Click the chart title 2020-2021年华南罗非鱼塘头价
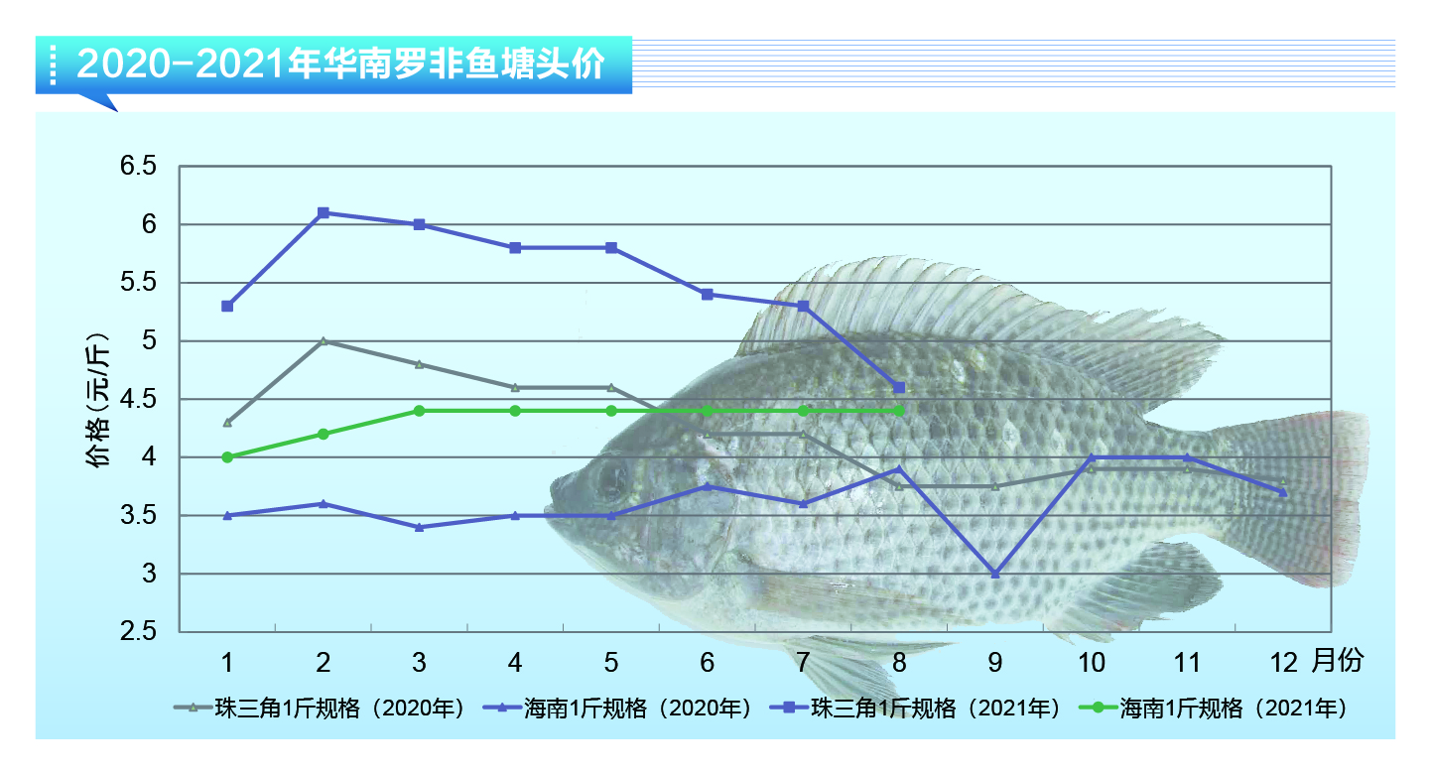click(339, 65)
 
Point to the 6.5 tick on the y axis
click(138, 167)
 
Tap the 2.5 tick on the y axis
click(138, 632)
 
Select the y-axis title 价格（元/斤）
click(99, 400)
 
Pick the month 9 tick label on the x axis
click(994, 662)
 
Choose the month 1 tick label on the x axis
click(227, 662)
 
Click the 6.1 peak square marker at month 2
click(324, 213)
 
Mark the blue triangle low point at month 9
click(994, 574)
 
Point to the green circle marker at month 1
click(227, 457)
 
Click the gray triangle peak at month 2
click(324, 340)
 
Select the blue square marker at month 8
click(899, 387)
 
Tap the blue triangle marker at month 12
click(1282, 491)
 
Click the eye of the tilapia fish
click(607, 477)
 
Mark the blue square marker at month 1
click(227, 306)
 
